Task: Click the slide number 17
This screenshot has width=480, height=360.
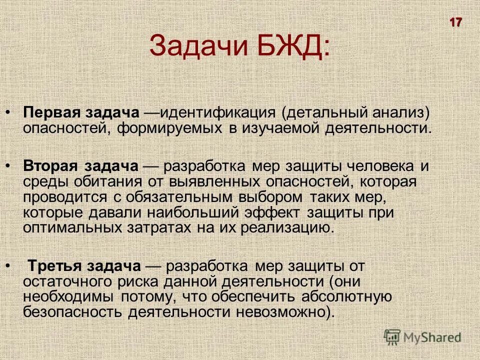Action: click(x=455, y=22)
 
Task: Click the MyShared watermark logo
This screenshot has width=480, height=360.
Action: click(x=422, y=336)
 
